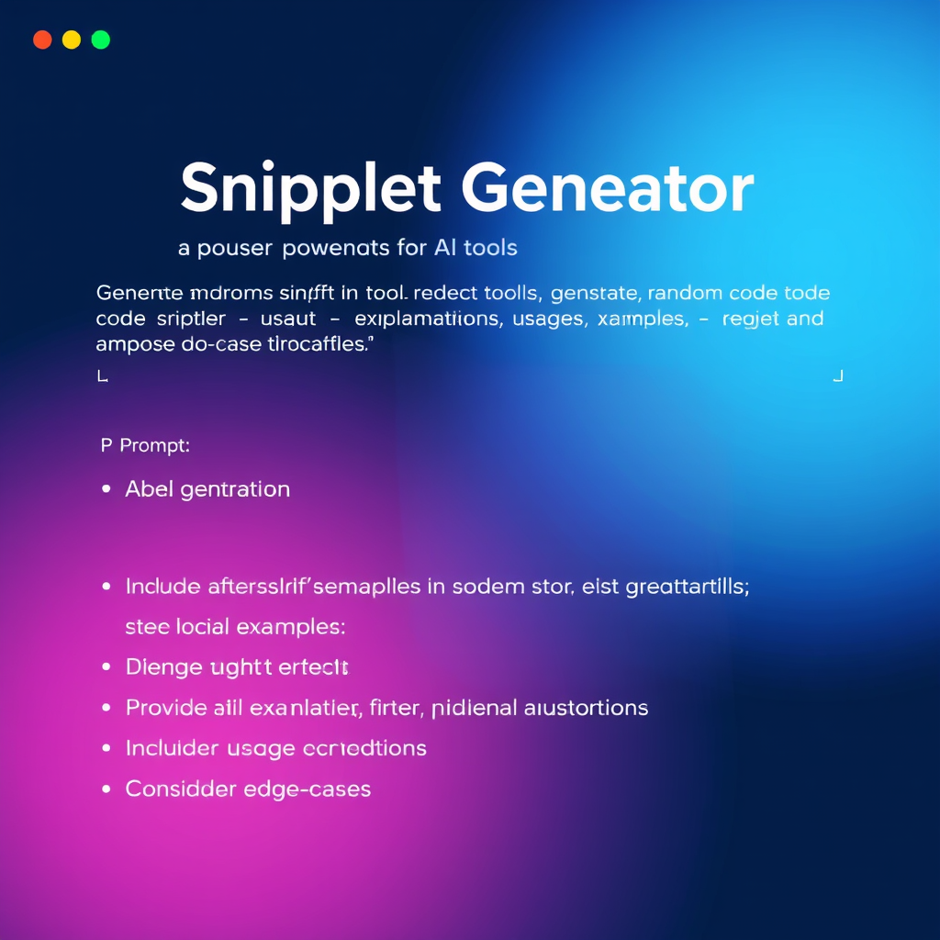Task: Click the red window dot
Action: [42, 39]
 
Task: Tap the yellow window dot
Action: [72, 39]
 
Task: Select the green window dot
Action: [101, 39]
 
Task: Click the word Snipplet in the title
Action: [310, 190]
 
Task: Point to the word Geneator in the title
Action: [607, 188]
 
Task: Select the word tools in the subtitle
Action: [490, 247]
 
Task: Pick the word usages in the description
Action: [548, 319]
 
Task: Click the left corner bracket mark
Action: [102, 375]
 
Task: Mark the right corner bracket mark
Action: [837, 375]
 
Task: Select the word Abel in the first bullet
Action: [149, 489]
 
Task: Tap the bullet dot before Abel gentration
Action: [106, 489]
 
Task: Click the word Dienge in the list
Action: [163, 667]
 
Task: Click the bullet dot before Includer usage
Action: [106, 748]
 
